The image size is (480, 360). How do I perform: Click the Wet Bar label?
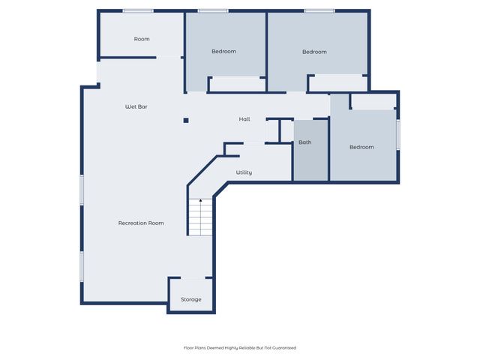136,107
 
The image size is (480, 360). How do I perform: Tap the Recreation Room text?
141,223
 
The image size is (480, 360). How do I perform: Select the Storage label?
190,299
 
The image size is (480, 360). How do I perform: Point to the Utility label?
244,172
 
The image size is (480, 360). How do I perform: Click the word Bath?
304,142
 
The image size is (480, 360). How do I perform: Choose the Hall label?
244,119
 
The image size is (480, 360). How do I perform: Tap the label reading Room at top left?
142,39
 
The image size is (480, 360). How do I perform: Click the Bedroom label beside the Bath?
361,147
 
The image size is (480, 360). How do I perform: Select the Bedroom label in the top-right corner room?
314,52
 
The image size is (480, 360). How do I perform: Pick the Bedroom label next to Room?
223,51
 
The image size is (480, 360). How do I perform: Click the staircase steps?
200,219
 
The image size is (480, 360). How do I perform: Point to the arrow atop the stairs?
200,201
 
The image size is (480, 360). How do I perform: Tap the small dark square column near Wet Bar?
186,120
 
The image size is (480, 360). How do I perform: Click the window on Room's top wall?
138,10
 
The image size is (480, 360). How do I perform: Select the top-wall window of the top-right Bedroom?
319,10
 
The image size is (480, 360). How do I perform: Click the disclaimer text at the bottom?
240,348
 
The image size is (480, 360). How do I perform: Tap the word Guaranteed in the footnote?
283,348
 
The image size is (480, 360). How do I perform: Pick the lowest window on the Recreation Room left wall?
82,266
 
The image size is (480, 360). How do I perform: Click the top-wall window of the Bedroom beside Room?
213,10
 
